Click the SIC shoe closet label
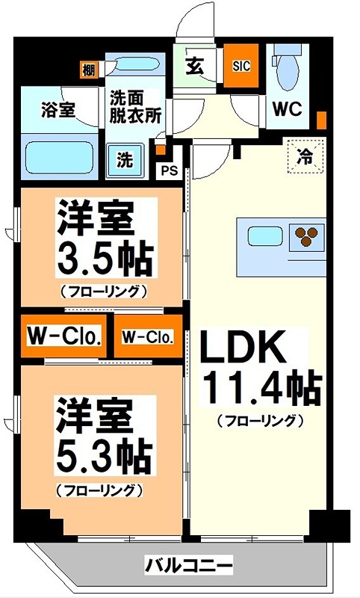[240, 66]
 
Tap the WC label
[285, 108]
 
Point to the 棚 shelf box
[89, 71]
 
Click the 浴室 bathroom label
[57, 109]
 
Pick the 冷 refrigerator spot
[305, 156]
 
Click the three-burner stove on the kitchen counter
[307, 236]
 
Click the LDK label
[243, 347]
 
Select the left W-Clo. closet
[64, 336]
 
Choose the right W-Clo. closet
[147, 337]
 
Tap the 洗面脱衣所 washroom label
[136, 105]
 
